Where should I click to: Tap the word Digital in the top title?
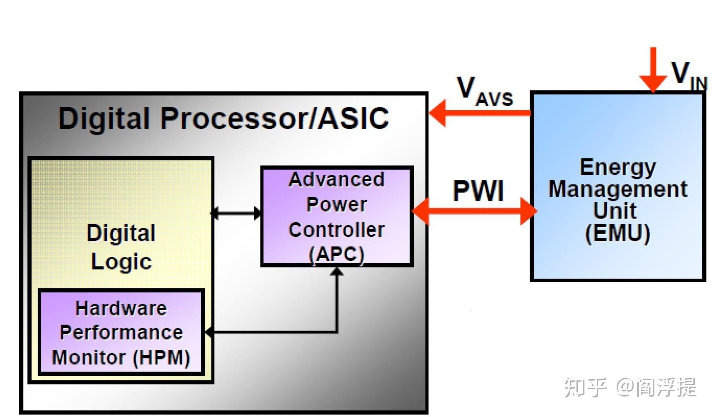tap(104, 118)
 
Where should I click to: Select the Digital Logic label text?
tap(121, 247)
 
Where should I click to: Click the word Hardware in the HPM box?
tap(121, 309)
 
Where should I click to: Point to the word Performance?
tap(121, 332)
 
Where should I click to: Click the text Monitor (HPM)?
tap(121, 357)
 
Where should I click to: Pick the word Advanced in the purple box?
tap(336, 180)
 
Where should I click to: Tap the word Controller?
tap(336, 230)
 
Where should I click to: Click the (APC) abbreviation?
tap(336, 254)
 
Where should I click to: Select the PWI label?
tap(478, 191)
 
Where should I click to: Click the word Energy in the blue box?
tap(618, 167)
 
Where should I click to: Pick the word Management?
tap(618, 189)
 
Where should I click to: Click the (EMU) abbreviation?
tap(618, 233)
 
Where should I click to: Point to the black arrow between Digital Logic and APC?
tap(237, 213)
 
